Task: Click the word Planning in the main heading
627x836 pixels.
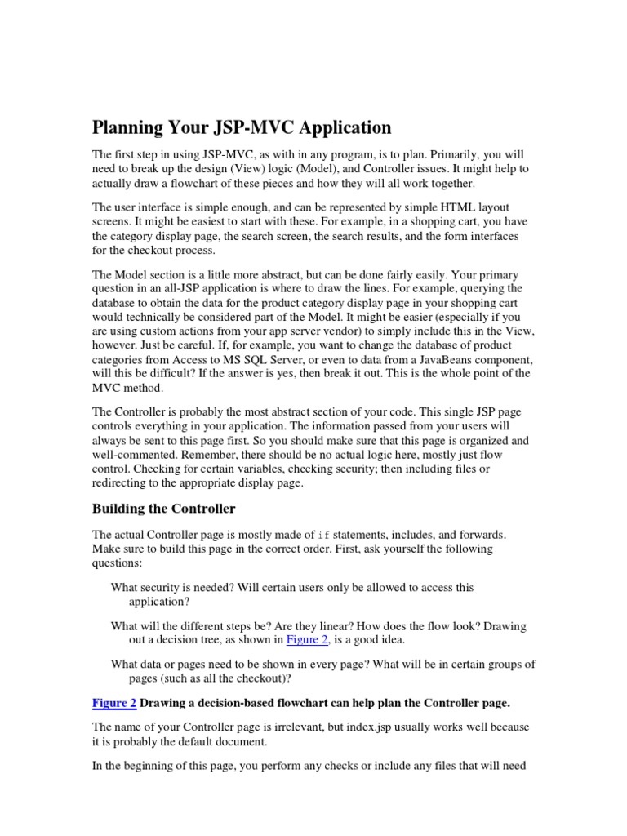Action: tap(130, 127)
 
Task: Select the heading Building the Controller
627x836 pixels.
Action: tap(163, 509)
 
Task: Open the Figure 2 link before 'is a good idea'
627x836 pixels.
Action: tap(307, 640)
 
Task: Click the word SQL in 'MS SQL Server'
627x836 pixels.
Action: tap(259, 360)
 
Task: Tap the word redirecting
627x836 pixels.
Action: tap(120, 482)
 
